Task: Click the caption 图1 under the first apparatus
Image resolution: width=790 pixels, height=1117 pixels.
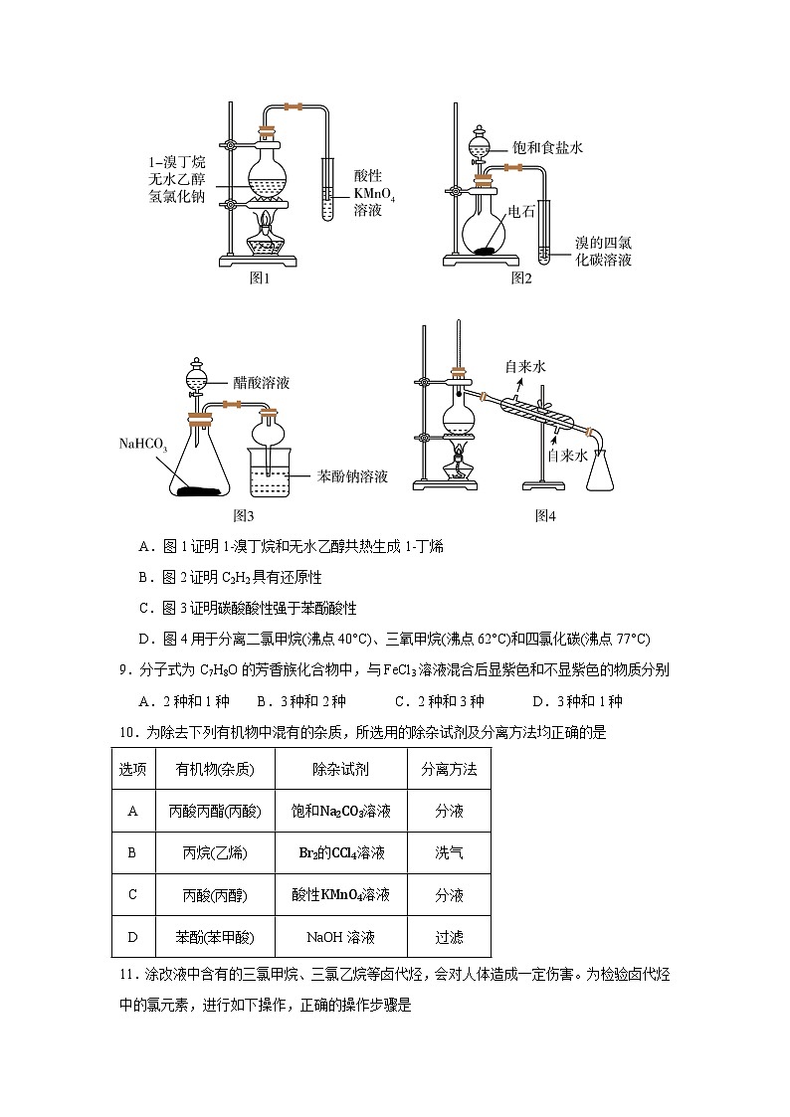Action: click(260, 279)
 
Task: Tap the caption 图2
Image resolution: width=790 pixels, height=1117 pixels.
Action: click(521, 279)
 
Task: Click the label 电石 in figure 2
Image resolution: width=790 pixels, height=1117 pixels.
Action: click(521, 211)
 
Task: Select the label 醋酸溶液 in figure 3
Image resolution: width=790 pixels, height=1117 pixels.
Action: click(262, 382)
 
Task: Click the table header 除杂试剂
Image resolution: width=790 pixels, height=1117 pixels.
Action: click(340, 769)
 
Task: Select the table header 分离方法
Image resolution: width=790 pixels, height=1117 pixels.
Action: click(449, 769)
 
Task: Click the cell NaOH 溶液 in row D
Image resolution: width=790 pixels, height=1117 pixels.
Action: click(340, 937)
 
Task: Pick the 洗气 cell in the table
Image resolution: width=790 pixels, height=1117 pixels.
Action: click(449, 852)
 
